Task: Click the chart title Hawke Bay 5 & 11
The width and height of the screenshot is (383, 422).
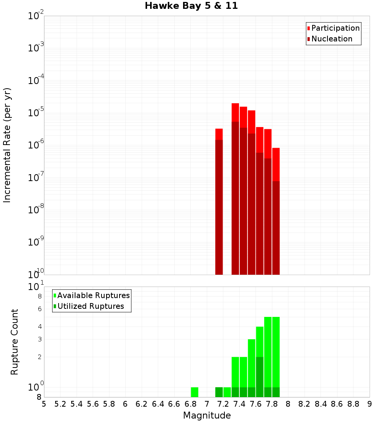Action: point(191,6)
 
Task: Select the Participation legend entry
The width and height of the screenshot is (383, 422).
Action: point(333,28)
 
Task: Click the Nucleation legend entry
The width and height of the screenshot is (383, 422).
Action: point(329,39)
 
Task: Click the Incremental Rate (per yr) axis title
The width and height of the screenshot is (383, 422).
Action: point(7,145)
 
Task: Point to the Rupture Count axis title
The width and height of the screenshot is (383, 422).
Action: point(15,342)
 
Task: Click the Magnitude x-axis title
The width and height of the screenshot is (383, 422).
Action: point(207,415)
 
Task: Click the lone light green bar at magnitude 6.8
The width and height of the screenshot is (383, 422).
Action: point(195,392)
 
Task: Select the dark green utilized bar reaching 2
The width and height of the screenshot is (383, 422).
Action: point(260,377)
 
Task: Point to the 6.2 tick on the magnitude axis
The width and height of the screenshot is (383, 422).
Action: point(141,404)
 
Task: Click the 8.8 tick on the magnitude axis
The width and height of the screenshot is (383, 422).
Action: point(353,404)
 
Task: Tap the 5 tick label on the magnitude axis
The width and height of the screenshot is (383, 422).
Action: point(44,404)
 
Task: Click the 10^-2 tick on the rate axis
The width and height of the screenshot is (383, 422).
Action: point(36,16)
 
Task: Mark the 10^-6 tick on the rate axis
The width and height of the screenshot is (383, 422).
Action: point(36,145)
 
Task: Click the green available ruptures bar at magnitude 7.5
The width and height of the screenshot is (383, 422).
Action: point(251,363)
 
